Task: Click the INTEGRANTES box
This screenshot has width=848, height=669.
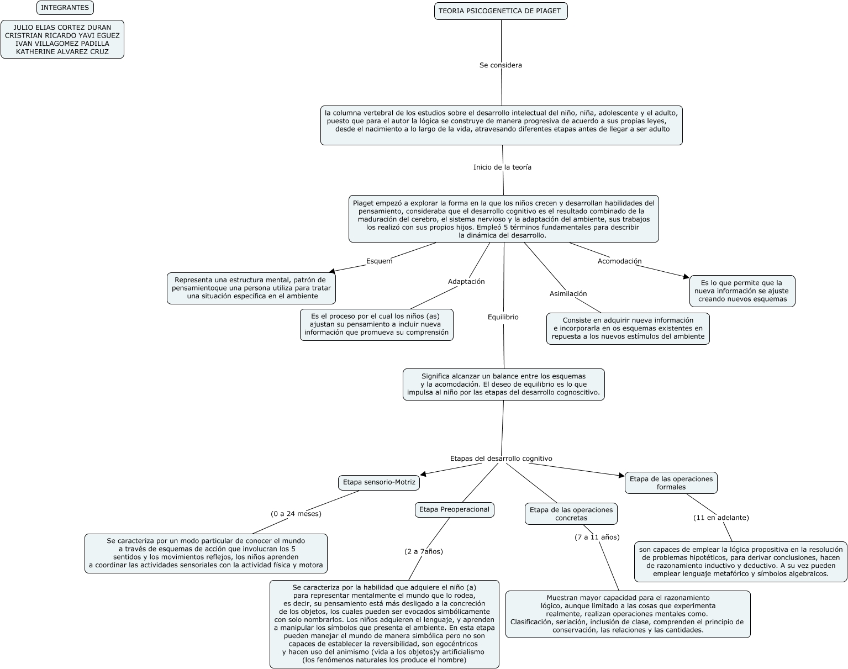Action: pyautogui.click(x=65, y=8)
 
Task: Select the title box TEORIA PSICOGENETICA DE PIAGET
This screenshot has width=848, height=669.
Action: pyautogui.click(x=501, y=11)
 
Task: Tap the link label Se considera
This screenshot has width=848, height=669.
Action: pyautogui.click(x=501, y=65)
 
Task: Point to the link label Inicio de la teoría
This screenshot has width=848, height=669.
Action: pyautogui.click(x=502, y=167)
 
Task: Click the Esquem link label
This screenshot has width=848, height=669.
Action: pyautogui.click(x=379, y=261)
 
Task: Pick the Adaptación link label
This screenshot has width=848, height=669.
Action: pyautogui.click(x=466, y=282)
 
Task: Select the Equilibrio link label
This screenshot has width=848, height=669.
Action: pyautogui.click(x=503, y=317)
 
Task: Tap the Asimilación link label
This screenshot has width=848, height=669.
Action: pyautogui.click(x=568, y=294)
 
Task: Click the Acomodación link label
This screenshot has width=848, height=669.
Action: pyautogui.click(x=619, y=261)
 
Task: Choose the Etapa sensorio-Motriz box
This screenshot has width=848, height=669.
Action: pyautogui.click(x=379, y=482)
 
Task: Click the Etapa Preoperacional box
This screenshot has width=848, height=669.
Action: pyautogui.click(x=454, y=509)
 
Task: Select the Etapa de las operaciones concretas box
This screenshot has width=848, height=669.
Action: pyautogui.click(x=571, y=514)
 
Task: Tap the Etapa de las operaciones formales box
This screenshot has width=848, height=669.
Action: pyautogui.click(x=671, y=483)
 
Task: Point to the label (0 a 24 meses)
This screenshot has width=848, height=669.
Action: pyautogui.click(x=296, y=514)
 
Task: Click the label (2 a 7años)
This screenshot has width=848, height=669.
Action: pyautogui.click(x=424, y=551)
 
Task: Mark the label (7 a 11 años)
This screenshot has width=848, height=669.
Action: pyautogui.click(x=597, y=537)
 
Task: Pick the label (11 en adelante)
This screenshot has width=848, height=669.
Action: pyautogui.click(x=721, y=518)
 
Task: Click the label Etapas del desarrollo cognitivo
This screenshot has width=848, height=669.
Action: pyautogui.click(x=501, y=459)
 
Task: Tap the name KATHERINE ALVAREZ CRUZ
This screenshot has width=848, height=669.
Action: pyautogui.click(x=62, y=52)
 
